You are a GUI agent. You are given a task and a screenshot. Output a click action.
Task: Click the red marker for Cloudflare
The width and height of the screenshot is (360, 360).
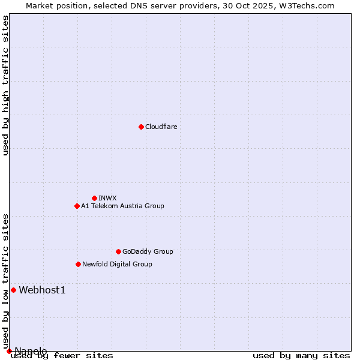pos(141,127)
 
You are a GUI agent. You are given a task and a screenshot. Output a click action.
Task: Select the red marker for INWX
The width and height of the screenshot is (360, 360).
pos(94,198)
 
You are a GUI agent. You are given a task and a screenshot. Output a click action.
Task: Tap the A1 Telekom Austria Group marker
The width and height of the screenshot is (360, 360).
pos(77,206)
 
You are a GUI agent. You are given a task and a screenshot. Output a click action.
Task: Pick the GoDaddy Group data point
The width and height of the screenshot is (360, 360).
pos(118,251)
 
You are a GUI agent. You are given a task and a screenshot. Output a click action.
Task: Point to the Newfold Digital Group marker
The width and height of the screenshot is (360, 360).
pos(78,264)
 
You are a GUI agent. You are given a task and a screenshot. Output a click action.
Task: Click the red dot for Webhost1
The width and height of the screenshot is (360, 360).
pos(13,290)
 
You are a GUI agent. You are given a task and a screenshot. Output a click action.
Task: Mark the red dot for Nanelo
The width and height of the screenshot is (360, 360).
pos(9,351)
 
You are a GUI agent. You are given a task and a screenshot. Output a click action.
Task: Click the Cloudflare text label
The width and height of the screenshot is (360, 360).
pos(161,127)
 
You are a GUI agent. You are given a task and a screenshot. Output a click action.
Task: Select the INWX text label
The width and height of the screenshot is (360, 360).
pos(107,198)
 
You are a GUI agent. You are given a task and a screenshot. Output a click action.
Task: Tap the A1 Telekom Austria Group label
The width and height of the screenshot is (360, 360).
pos(122,206)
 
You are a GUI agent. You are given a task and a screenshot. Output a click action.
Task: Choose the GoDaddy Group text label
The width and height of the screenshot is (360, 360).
pos(148,251)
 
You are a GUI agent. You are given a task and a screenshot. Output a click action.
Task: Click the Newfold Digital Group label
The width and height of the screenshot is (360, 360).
pos(117,264)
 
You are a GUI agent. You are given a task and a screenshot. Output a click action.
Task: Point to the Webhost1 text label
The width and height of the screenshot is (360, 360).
pos(42,290)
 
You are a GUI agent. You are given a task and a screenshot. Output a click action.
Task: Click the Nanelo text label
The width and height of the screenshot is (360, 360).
pos(31,351)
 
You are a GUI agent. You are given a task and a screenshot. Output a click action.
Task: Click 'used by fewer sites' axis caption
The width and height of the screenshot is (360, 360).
pos(62,356)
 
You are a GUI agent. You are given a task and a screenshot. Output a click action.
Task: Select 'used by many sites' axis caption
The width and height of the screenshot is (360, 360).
pos(301,356)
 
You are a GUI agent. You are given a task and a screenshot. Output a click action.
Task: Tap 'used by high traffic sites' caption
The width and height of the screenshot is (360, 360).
pos(5,85)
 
